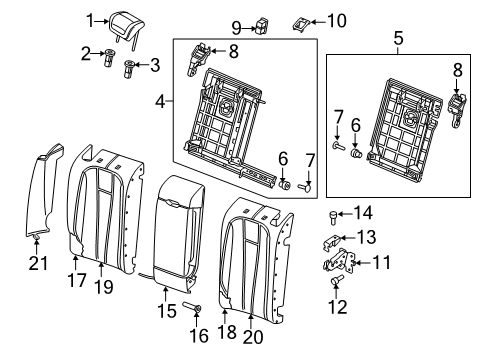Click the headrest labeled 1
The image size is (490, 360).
click(x=127, y=27)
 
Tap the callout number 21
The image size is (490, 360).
click(x=38, y=263)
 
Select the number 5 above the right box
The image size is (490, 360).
click(x=398, y=38)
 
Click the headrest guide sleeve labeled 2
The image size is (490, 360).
click(x=109, y=58)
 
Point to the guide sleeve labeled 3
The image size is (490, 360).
click(x=129, y=69)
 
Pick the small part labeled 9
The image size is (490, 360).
click(x=262, y=26)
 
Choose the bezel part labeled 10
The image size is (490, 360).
click(x=302, y=24)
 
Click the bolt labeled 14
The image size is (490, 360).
click(x=334, y=217)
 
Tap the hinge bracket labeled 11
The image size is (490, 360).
click(x=339, y=260)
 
